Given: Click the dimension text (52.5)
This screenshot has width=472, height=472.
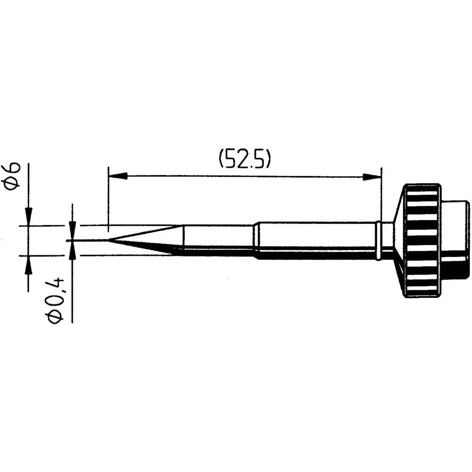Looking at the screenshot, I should [x=244, y=160].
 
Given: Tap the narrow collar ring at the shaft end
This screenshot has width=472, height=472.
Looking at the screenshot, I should [x=378, y=241].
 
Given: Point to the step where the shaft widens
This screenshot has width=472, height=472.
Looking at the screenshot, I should [x=255, y=240].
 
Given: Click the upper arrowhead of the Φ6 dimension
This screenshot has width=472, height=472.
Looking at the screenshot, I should [x=29, y=217].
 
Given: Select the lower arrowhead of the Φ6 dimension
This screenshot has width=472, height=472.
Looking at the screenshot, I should [x=29, y=264].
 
